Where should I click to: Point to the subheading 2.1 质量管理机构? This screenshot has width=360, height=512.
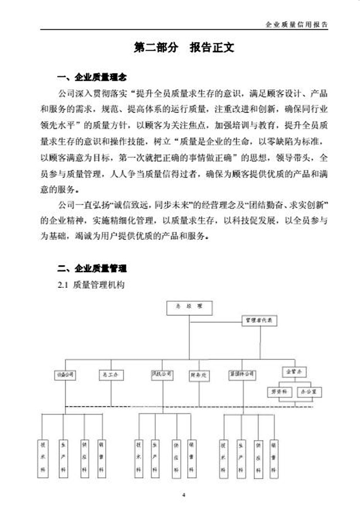pos(91,285)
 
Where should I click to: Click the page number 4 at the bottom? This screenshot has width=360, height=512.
pos(184,495)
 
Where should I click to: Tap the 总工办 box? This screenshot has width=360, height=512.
pos(111,375)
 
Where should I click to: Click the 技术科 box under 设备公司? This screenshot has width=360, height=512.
pos(42,458)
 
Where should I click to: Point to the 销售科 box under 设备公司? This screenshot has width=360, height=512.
pos(101,458)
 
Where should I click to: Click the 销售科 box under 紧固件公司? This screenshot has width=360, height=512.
pos(274,458)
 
